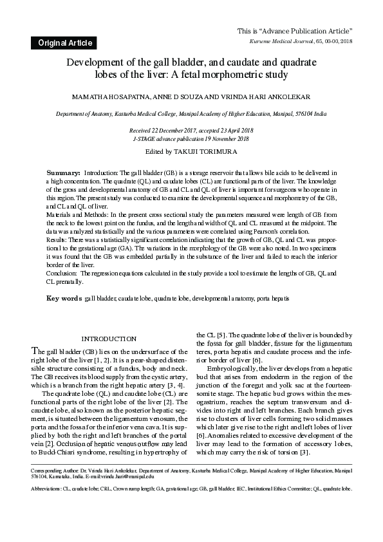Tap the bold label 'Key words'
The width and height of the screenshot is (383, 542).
click(x=64, y=299)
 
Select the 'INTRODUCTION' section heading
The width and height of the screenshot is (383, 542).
click(x=109, y=339)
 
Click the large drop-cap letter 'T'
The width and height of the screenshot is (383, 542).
click(x=35, y=351)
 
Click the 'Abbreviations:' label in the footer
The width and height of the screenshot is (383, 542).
click(x=48, y=489)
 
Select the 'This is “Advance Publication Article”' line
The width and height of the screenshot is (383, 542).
click(x=295, y=31)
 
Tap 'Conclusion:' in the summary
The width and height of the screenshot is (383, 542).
click(x=64, y=273)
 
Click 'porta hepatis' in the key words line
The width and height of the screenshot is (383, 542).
click(x=273, y=299)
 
